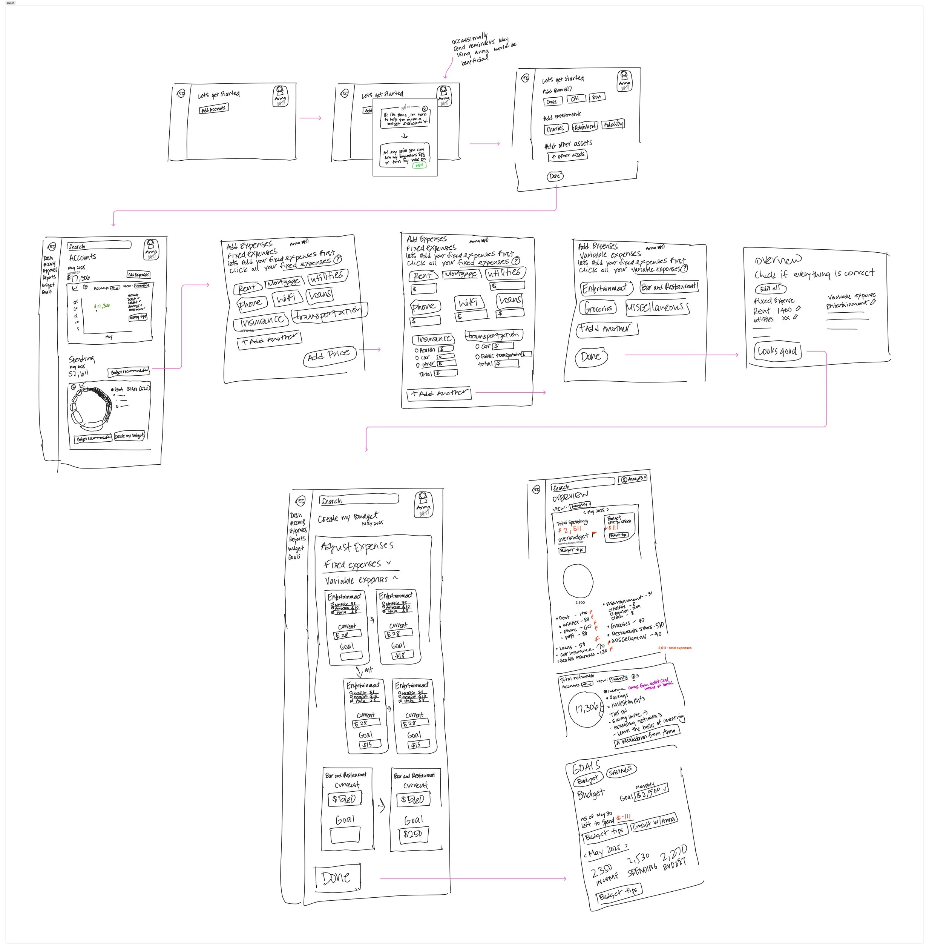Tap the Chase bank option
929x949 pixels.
click(x=552, y=101)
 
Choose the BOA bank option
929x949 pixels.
click(x=596, y=97)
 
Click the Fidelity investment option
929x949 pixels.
click(x=613, y=124)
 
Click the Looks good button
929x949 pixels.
click(x=777, y=352)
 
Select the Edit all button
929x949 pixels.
click(x=770, y=289)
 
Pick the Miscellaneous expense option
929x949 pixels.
click(x=657, y=307)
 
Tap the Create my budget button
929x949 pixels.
click(x=129, y=436)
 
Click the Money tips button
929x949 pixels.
click(x=138, y=317)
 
